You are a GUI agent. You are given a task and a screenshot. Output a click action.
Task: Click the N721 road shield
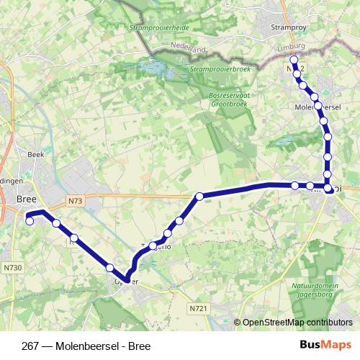(x=199, y=307)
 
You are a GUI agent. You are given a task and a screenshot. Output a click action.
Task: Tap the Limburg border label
(x=292, y=46)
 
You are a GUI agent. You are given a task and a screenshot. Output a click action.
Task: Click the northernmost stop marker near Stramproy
(x=294, y=60)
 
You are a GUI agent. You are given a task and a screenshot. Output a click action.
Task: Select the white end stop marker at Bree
(x=30, y=221)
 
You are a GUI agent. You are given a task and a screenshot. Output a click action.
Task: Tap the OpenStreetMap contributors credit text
(x=296, y=322)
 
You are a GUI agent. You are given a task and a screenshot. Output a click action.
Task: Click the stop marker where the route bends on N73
(x=199, y=195)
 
